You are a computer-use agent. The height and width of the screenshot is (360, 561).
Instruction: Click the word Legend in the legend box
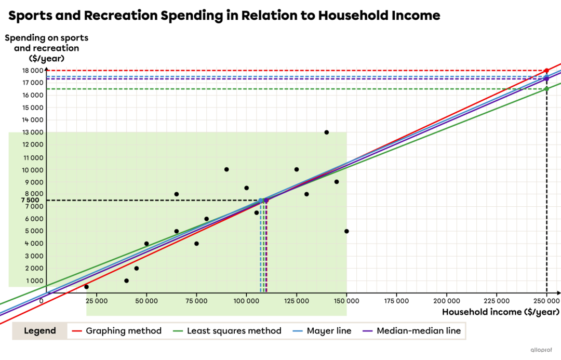tap(40, 331)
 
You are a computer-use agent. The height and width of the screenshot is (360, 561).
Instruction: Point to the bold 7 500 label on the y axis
tap(30, 200)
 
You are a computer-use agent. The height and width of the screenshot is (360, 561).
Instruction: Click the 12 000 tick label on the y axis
tap(33, 145)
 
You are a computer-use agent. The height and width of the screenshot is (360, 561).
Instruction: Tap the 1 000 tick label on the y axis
tap(34, 281)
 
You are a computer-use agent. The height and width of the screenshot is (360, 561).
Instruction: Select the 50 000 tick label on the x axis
tap(146, 301)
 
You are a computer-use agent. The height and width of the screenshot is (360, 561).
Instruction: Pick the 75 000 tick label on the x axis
tap(196, 301)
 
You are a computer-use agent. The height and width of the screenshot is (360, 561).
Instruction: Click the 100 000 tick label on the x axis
tap(246, 301)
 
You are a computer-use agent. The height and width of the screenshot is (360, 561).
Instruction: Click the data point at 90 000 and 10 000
tap(226, 169)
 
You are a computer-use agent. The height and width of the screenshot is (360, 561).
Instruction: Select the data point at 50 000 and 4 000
tap(146, 244)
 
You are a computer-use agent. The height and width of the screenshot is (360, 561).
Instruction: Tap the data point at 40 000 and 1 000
tap(126, 281)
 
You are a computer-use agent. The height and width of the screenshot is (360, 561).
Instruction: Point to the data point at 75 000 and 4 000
tap(196, 244)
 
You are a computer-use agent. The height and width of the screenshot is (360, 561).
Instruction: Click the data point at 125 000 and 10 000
tap(297, 169)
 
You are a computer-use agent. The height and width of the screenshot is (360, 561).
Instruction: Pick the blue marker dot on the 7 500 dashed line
tap(260, 200)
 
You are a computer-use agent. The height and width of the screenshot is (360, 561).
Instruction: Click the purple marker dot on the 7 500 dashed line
tap(266, 201)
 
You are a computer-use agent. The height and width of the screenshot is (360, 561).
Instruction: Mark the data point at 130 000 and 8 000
tap(306, 194)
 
